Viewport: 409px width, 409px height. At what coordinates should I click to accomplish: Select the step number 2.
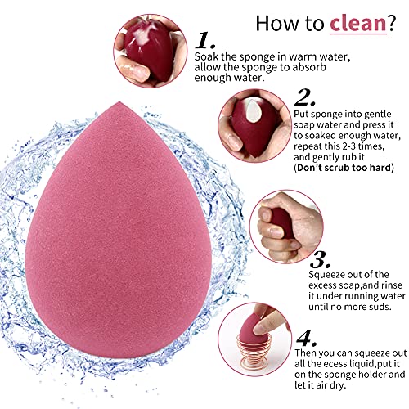coord(303,97)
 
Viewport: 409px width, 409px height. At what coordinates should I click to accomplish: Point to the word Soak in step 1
coord(205,56)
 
